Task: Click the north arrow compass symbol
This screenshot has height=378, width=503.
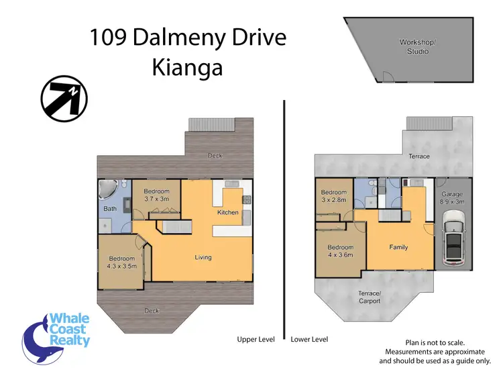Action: pos(63,99)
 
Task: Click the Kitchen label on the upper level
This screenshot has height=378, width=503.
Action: pos(228,213)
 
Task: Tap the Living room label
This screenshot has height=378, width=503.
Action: pos(203,257)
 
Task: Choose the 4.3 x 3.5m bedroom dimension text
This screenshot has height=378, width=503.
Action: pos(122,266)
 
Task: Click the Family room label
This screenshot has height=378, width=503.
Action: pos(398,247)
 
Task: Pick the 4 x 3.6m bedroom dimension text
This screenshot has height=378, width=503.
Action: pos(340,254)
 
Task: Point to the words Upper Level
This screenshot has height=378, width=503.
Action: pos(256,339)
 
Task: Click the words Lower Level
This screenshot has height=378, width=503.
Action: pos(309,339)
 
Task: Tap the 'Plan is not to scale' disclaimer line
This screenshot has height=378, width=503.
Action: pos(435,342)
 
